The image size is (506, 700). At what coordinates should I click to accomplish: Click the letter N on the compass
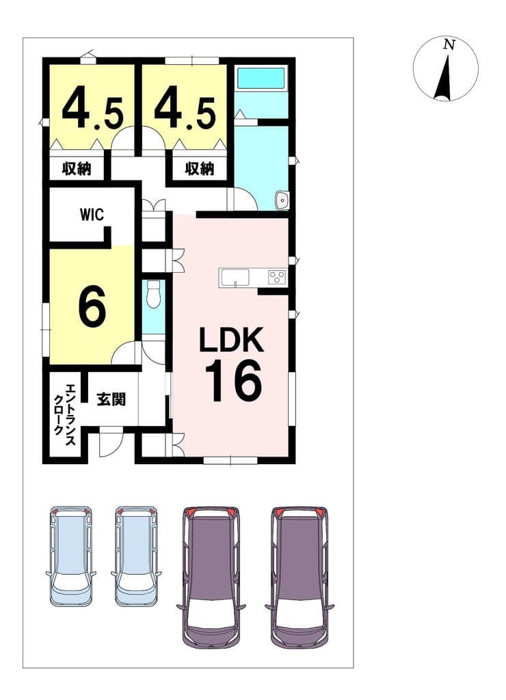click(449, 44)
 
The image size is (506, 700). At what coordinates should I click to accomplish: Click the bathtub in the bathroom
click(261, 78)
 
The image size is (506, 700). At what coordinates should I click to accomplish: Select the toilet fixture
click(153, 294)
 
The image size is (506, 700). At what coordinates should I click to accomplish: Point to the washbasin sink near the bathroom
click(282, 200)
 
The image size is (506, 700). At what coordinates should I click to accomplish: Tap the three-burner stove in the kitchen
click(277, 277)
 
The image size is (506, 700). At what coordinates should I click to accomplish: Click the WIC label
click(92, 215)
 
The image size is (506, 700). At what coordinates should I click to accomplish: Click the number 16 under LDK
click(233, 380)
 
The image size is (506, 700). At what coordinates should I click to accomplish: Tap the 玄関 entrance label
click(111, 399)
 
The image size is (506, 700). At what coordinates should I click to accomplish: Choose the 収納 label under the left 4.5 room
click(76, 168)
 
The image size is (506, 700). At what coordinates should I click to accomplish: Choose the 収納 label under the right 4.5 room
click(200, 168)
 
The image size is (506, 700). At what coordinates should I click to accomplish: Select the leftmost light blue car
click(70, 556)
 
